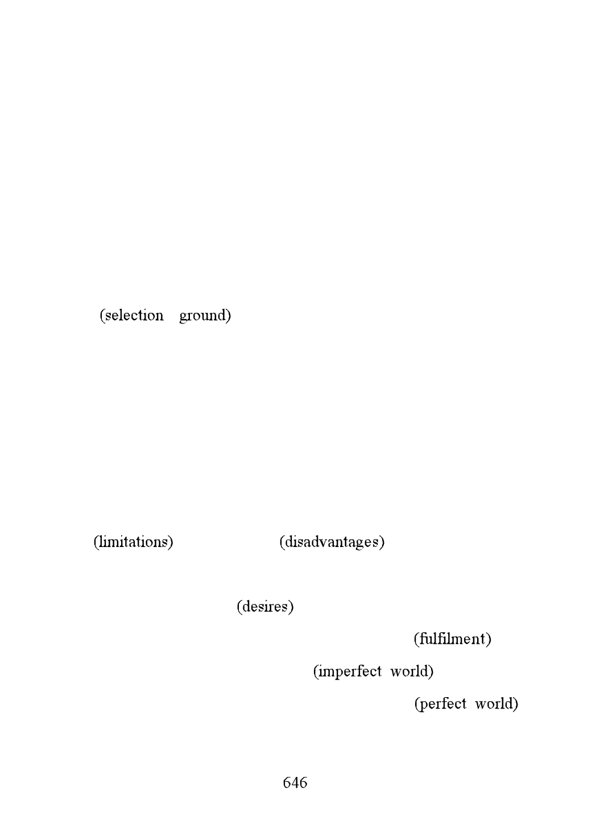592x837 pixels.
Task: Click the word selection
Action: pos(134,316)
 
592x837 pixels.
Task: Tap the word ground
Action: pos(202,316)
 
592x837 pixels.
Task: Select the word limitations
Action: pos(133,542)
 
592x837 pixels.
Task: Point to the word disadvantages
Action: pos(332,542)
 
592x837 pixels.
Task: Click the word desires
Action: pos(265,606)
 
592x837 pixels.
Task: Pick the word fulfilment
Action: pos(452,639)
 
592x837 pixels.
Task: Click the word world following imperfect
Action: pos(409,671)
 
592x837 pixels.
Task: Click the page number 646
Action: pos(295,782)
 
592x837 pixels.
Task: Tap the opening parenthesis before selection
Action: pos(102,316)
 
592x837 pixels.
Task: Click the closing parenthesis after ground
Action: pos(229,316)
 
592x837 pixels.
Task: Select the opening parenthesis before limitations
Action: pos(96,542)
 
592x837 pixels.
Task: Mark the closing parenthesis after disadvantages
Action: pos(382,542)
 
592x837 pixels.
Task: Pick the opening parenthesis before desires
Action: pos(239,607)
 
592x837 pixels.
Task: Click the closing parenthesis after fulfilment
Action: pos(489,639)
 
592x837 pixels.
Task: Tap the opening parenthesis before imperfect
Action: pos(316,672)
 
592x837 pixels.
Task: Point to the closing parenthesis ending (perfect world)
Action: pos(516,704)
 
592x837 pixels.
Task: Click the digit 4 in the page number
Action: pos(295,782)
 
